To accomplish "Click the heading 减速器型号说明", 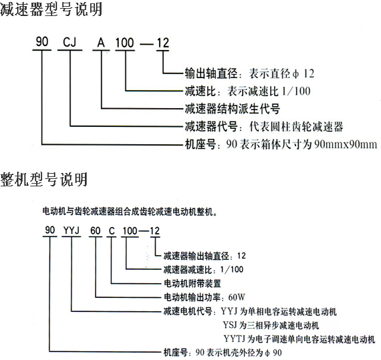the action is [x=51, y=9].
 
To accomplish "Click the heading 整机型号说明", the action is [x=44, y=180].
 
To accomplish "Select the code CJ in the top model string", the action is [x=70, y=42].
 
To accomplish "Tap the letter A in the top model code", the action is [x=101, y=43].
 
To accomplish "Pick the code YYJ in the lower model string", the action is [x=72, y=230].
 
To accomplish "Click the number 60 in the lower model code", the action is [x=95, y=230].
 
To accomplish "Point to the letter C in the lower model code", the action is [x=112, y=230].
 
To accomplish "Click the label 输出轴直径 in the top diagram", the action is [x=211, y=73].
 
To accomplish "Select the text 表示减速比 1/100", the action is [x=269, y=91].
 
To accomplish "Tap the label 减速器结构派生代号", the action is [x=233, y=108].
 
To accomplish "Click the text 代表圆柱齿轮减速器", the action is [x=296, y=126].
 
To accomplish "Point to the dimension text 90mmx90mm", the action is [x=346, y=144].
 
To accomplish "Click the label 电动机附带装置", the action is [x=193, y=283].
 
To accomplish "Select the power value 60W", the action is [x=237, y=297].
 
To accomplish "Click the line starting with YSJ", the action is [x=271, y=325].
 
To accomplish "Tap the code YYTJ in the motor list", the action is [x=234, y=339].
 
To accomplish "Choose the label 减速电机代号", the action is [x=188, y=311].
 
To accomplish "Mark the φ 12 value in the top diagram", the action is [x=303, y=73].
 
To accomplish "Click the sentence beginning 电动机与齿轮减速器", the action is [x=130, y=212].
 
